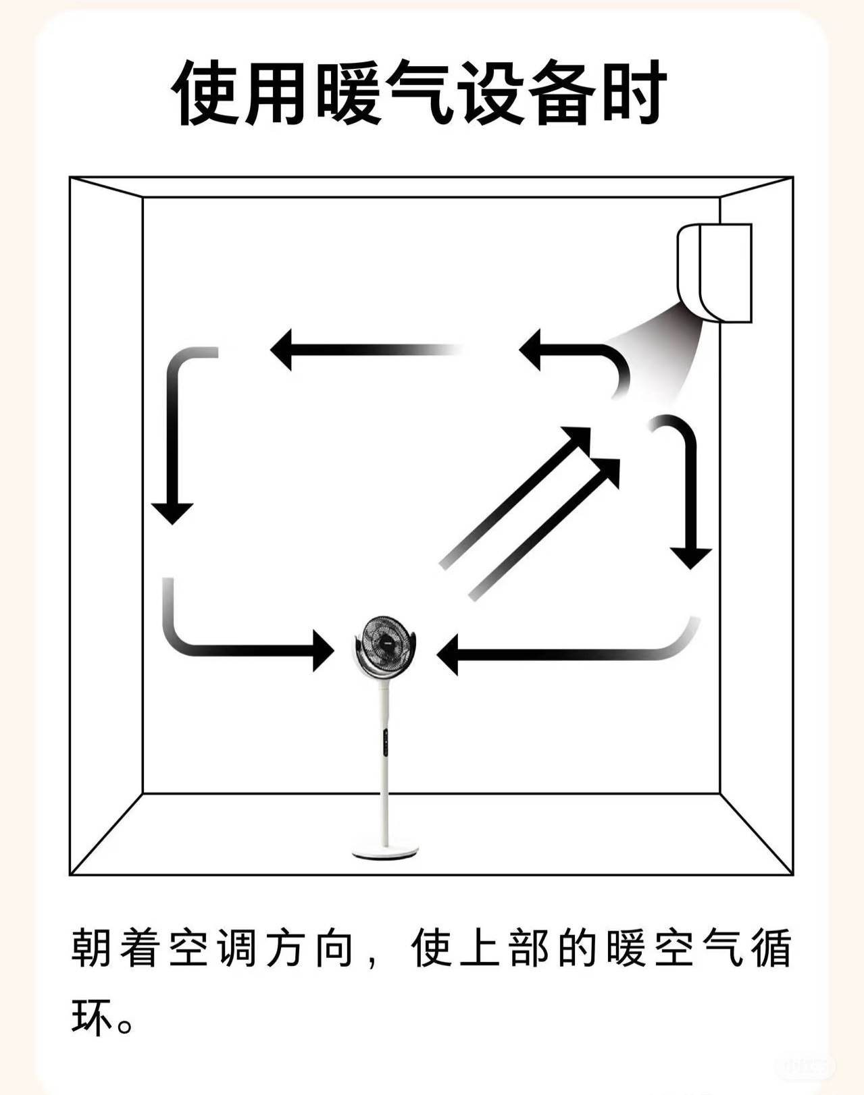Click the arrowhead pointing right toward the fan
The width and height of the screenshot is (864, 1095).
coord(323,651)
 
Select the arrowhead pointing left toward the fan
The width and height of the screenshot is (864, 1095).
coord(449,654)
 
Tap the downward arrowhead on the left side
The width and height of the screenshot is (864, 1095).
coord(172,512)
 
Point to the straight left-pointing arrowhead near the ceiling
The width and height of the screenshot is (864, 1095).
coord(282,350)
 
